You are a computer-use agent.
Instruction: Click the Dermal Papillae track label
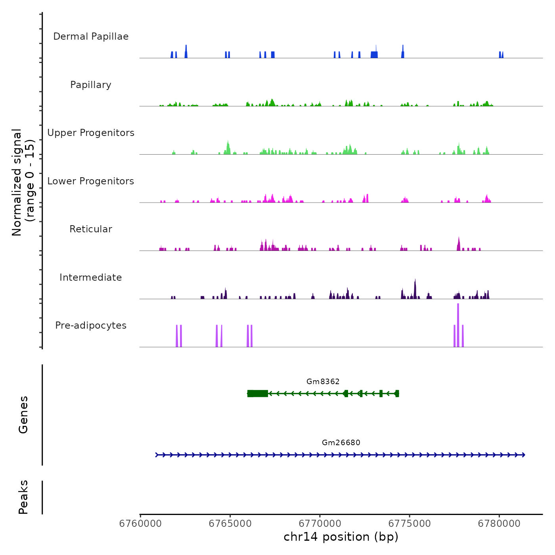[91, 36]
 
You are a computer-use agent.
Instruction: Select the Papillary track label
[91, 85]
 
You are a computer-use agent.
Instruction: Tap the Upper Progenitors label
[91, 133]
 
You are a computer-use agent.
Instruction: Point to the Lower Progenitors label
[91, 181]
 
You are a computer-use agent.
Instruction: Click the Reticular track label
[91, 229]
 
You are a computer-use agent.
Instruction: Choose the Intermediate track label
[91, 277]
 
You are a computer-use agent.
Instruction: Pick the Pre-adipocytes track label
[91, 325]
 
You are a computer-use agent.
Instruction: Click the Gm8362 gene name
[323, 381]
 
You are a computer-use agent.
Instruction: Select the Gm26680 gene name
[341, 442]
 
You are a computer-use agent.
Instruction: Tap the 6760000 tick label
[140, 524]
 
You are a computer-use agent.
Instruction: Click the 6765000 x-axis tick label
[230, 524]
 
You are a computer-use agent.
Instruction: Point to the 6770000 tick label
[320, 524]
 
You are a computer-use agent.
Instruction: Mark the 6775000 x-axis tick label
[410, 524]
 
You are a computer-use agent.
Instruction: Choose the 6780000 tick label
[499, 524]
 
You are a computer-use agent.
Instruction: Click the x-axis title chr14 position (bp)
[341, 537]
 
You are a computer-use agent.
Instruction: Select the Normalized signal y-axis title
[23, 182]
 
